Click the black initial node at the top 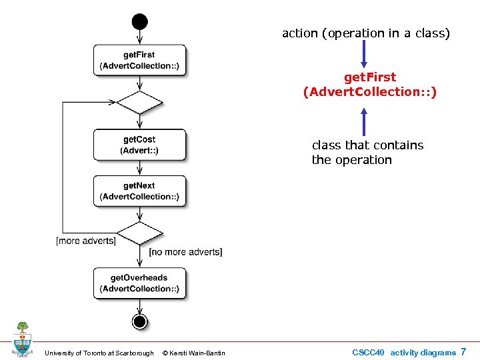[139, 21]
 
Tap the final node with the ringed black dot [139, 322]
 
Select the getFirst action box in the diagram [139, 60]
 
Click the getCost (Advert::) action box [139, 145]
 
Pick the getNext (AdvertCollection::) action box [139, 191]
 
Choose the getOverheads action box [139, 283]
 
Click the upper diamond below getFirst [139, 103]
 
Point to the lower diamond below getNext [139, 233]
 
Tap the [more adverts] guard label [86, 241]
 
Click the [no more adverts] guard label [185, 252]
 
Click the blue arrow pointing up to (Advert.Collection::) [364, 121]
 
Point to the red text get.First [369, 77]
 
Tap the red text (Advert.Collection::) [369, 92]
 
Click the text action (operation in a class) [366, 33]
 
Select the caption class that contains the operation [367, 153]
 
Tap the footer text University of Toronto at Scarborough [99, 353]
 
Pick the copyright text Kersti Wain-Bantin [194, 353]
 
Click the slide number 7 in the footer [463, 352]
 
